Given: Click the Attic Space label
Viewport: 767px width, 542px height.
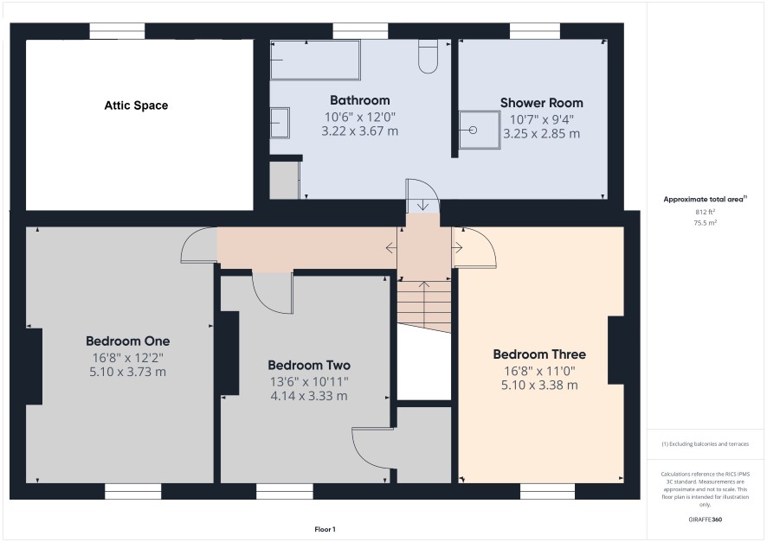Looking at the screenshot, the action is tap(136, 105).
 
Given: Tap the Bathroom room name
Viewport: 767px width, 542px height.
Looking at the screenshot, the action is tap(360, 100).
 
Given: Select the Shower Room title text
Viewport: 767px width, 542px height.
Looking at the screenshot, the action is tap(542, 103).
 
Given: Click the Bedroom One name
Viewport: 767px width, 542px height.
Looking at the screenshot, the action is tap(127, 341).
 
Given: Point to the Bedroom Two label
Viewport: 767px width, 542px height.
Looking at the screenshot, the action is tap(309, 366).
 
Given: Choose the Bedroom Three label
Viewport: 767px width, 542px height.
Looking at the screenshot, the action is tap(539, 354).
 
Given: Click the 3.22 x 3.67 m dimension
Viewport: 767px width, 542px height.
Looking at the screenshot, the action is tap(360, 131).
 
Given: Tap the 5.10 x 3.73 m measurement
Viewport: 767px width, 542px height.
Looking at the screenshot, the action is tap(127, 372).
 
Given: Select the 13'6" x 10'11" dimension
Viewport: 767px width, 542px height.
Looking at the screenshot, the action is tap(309, 382).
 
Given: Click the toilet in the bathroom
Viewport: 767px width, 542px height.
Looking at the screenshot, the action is tap(428, 57).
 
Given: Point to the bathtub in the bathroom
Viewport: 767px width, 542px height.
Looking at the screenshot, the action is tap(315, 60).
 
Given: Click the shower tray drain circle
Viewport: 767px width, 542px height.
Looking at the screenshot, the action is tap(473, 131).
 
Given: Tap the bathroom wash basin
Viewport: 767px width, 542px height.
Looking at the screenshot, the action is tap(280, 123).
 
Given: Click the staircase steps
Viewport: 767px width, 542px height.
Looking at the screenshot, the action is tap(424, 305).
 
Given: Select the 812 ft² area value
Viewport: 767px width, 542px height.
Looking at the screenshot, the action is tap(705, 212).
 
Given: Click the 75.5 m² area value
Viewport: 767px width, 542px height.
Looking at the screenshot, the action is tap(705, 223).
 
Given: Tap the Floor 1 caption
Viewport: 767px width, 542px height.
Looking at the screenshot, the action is tap(325, 529).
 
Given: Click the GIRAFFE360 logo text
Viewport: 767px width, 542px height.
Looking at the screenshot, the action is tap(705, 520).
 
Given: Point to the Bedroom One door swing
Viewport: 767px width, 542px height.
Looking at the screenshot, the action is tap(198, 245).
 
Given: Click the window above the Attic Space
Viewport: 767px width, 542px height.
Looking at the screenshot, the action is tap(118, 31).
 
